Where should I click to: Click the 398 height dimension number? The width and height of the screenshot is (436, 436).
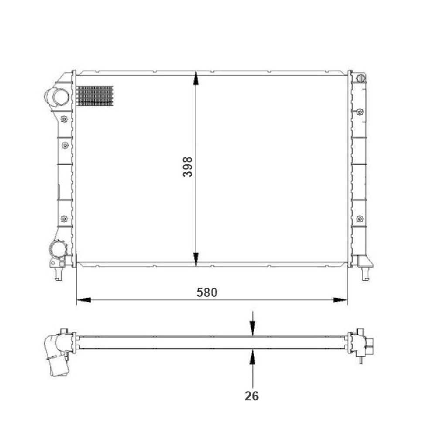(187, 167)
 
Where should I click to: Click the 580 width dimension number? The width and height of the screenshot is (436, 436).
(207, 292)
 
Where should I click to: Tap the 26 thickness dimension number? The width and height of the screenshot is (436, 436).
(252, 396)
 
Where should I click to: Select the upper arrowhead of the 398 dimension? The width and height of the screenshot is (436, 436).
(196, 78)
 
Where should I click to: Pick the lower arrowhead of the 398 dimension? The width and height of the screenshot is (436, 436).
(196, 259)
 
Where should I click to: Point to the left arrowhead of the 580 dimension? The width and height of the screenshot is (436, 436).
(83, 300)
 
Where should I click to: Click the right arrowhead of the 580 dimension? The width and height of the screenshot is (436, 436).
(341, 300)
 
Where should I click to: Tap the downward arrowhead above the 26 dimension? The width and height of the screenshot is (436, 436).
(252, 328)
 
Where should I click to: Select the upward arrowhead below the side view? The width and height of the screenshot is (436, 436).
(252, 357)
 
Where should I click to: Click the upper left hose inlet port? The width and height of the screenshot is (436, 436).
(58, 97)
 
